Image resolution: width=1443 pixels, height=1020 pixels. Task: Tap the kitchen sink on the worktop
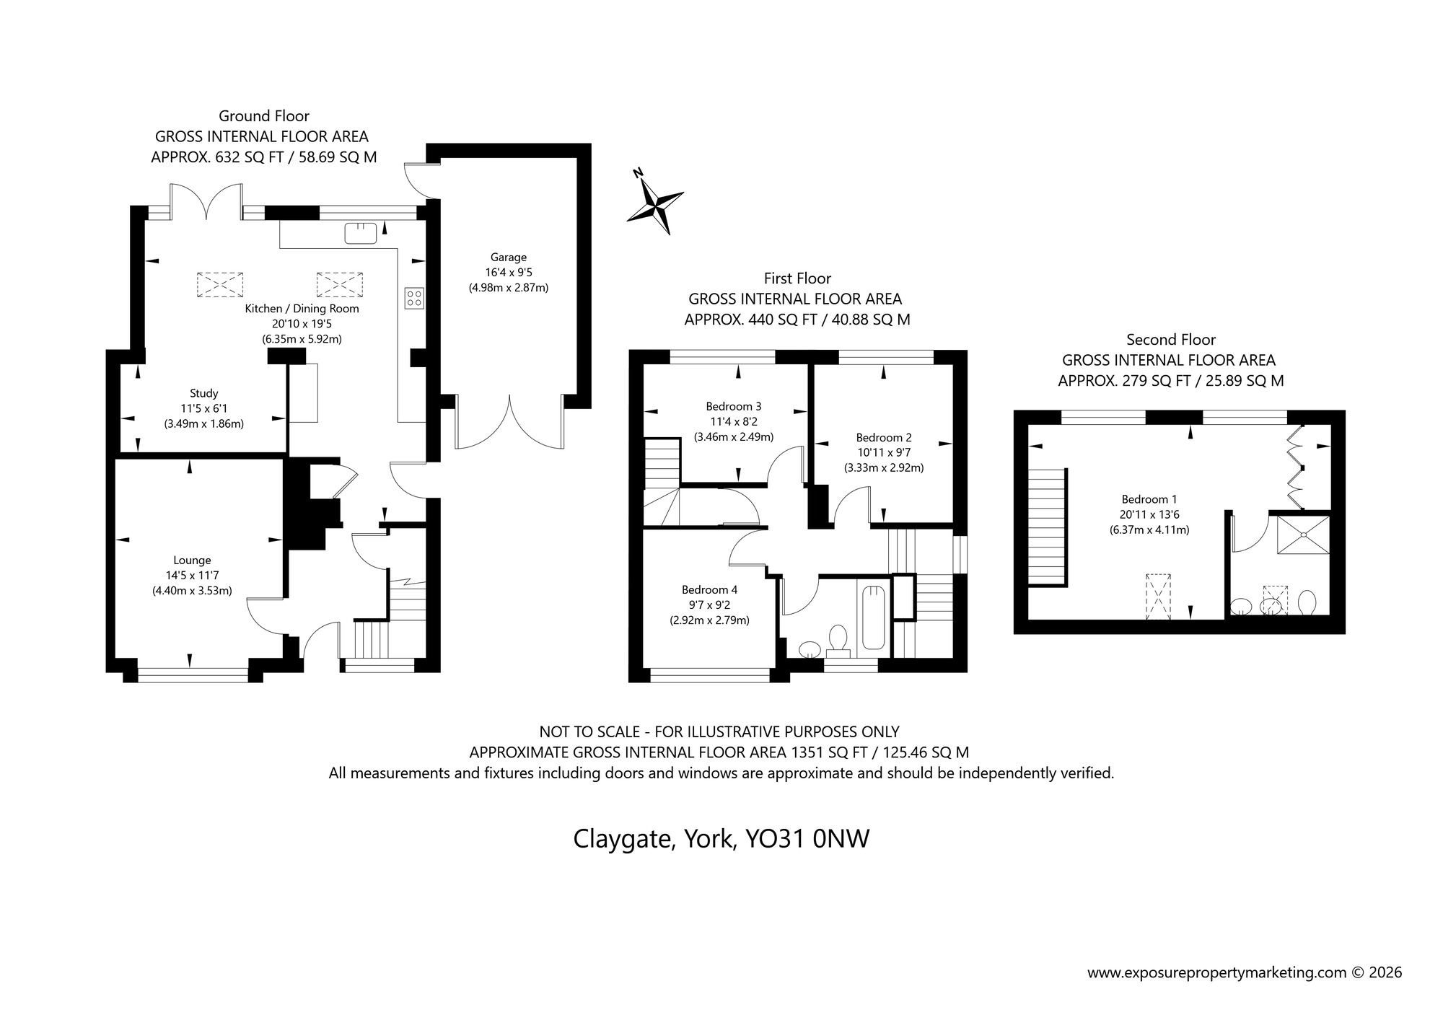pyautogui.click(x=361, y=233)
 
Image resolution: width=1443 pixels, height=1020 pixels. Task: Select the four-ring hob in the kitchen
pyautogui.click(x=414, y=298)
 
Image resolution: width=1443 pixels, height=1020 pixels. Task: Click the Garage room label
pyautogui.click(x=509, y=257)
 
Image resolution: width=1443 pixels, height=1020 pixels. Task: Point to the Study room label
pyautogui.click(x=203, y=393)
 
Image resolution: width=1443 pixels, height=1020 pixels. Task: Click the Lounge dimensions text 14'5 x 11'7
pyautogui.click(x=192, y=575)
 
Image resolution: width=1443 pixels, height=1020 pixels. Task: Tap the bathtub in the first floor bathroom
pyautogui.click(x=873, y=617)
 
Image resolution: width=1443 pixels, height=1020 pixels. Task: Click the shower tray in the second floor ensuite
pyautogui.click(x=1302, y=535)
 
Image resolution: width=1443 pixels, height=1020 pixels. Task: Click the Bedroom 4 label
pyautogui.click(x=709, y=589)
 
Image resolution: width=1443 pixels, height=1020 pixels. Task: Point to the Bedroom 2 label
pyautogui.click(x=884, y=437)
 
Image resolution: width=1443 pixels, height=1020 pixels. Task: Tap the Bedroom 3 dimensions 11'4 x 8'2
pyautogui.click(x=734, y=421)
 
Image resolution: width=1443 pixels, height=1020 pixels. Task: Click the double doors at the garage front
pyautogui.click(x=510, y=426)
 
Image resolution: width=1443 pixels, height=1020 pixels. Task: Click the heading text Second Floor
pyautogui.click(x=1170, y=340)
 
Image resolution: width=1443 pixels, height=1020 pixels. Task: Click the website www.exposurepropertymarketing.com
pyautogui.click(x=1216, y=972)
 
